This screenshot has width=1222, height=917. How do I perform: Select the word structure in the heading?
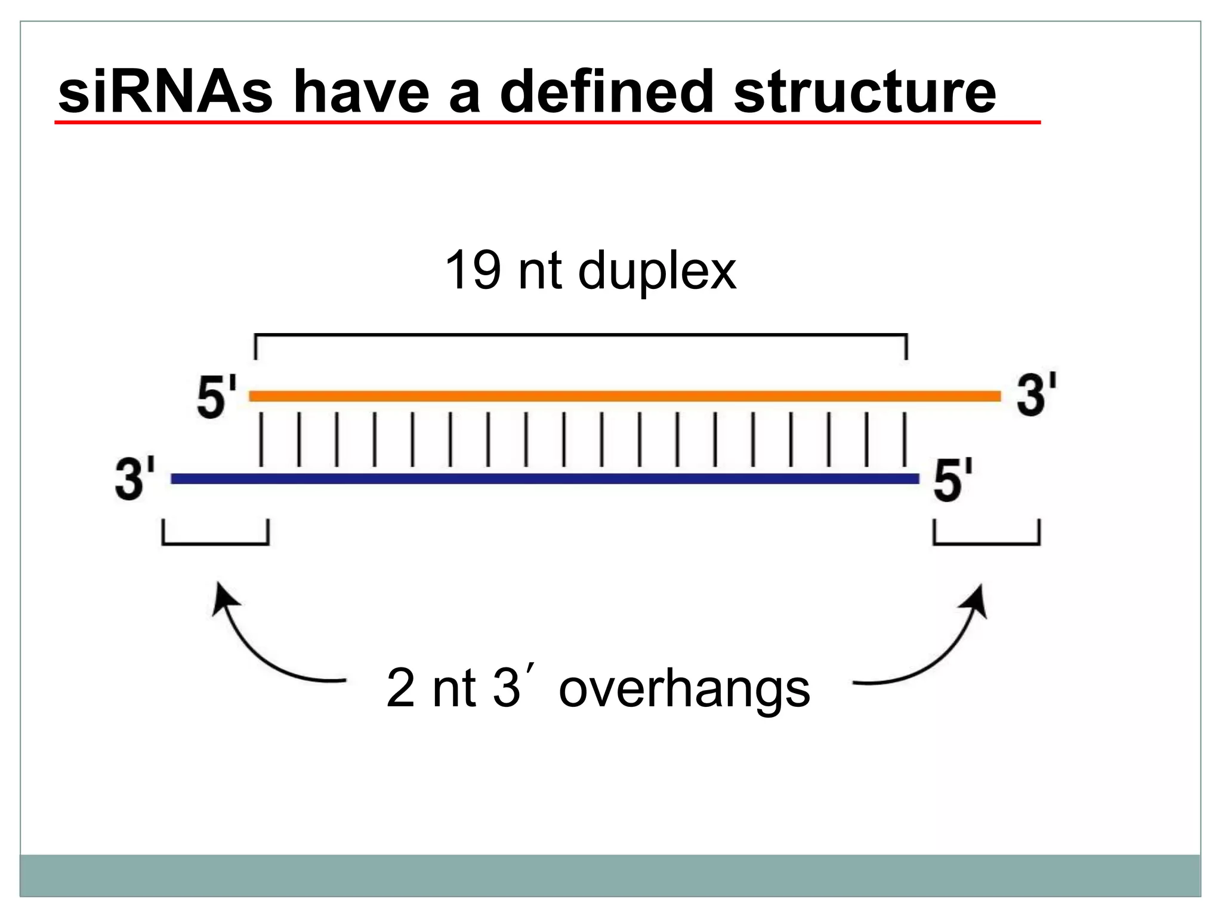[x=865, y=92]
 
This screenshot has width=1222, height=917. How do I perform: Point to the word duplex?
[x=657, y=272]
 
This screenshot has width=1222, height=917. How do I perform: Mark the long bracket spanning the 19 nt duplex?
[x=581, y=336]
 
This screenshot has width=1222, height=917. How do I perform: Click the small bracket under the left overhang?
[x=215, y=543]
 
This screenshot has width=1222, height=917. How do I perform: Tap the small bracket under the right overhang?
[x=986, y=543]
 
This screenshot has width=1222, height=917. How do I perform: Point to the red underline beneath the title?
[x=547, y=122]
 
